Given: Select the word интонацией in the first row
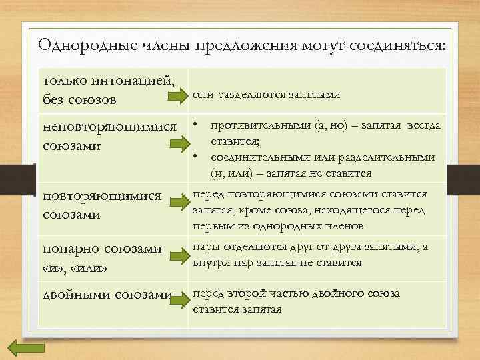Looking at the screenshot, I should (136, 82).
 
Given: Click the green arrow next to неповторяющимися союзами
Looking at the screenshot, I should (177, 143).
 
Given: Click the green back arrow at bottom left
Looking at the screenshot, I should (26, 348).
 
